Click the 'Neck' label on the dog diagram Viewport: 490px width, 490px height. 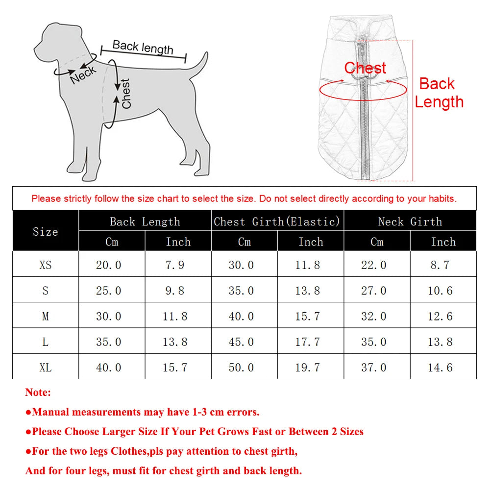pos(83,74)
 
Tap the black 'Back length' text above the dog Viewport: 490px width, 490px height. pos(143,47)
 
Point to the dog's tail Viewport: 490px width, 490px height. pos(198,66)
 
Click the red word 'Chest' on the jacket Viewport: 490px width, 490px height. pos(365,68)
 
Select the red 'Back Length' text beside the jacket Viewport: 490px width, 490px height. pos(439,93)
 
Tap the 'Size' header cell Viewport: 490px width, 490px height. pos(45,232)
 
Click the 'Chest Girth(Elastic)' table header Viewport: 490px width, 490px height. pos(277,221)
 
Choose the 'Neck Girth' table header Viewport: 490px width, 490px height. pos(410,221)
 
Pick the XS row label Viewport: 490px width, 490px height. pos(45,265)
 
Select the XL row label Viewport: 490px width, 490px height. pos(45,367)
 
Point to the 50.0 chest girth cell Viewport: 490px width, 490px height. pos(241,367)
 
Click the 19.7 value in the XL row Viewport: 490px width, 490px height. pos(307,367)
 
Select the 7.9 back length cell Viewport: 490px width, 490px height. pos(175,265)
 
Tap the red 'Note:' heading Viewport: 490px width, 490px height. pos(38,392)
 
